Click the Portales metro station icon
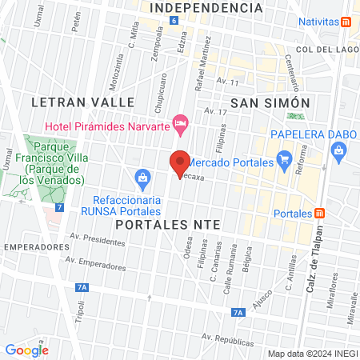pos(320,214)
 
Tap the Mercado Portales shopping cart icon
pos(282,158)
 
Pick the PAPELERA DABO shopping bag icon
pos(339,150)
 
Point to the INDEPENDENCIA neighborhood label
pos(206,7)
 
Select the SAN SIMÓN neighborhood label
pos(270,102)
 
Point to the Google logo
pos(26,350)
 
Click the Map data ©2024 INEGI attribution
pos(311,354)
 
